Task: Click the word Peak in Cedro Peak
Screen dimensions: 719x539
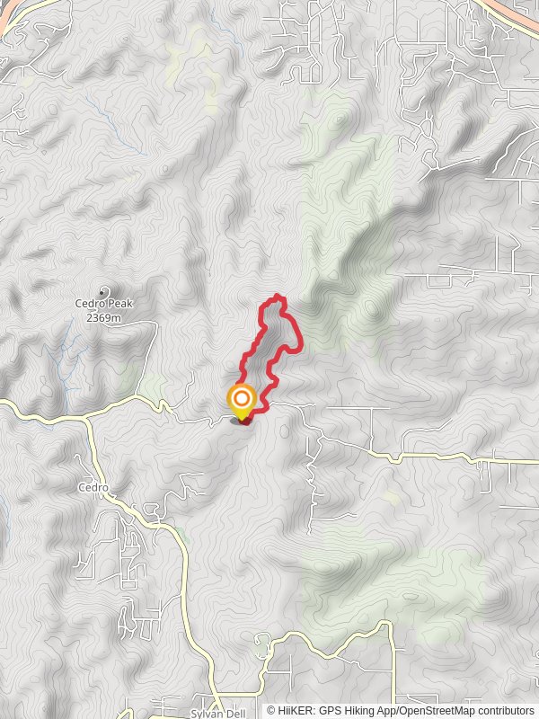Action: [x=119, y=304]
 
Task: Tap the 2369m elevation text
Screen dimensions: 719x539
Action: [x=104, y=316]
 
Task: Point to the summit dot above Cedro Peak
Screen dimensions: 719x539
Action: [x=104, y=291]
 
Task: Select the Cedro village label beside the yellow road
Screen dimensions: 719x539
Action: [x=93, y=488]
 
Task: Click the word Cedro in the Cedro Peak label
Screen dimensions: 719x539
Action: [x=90, y=304]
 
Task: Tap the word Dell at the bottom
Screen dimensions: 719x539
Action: [x=235, y=713]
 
